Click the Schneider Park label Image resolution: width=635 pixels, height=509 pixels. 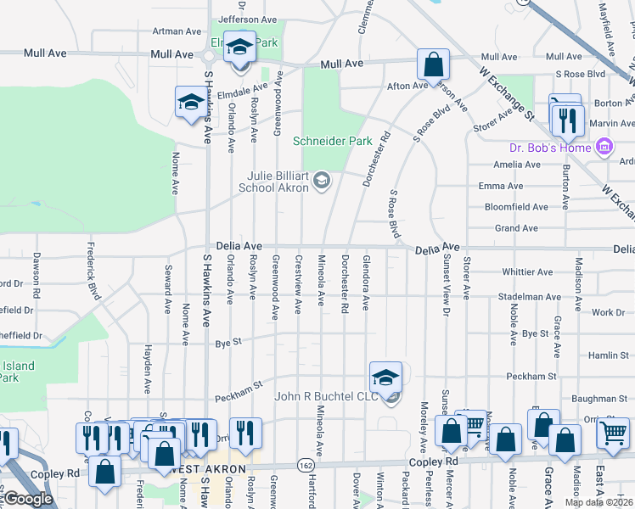[x=332, y=141]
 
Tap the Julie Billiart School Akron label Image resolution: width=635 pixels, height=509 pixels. [x=279, y=181]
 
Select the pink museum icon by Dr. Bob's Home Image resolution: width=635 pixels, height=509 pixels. [x=604, y=148]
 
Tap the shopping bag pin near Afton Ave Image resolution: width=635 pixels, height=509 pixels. [x=432, y=64]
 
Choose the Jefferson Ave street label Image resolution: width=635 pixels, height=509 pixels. [x=248, y=19]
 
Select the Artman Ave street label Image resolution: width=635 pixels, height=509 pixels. [x=177, y=31]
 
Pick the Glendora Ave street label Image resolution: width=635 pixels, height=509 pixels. [x=366, y=281]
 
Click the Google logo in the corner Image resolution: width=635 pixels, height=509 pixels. [x=28, y=499]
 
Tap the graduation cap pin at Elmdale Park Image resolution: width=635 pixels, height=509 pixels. [x=239, y=47]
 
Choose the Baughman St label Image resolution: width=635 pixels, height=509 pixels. [x=599, y=398]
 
